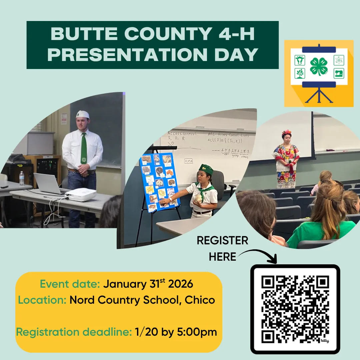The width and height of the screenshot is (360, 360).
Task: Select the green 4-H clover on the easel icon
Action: coord(319,66)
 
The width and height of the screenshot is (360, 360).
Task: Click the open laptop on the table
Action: coord(48,184)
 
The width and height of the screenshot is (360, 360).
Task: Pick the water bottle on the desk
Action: coord(22,178)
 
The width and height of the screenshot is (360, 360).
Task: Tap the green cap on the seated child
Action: coord(206,169)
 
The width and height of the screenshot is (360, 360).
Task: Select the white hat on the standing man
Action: coord(82,114)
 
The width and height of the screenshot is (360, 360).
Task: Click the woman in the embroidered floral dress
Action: coord(286,160)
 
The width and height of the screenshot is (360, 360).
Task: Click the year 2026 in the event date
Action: coord(181,284)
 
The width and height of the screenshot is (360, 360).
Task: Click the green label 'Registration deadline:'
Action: coord(74,332)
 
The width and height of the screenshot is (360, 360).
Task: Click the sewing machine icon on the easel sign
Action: coord(338,73)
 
